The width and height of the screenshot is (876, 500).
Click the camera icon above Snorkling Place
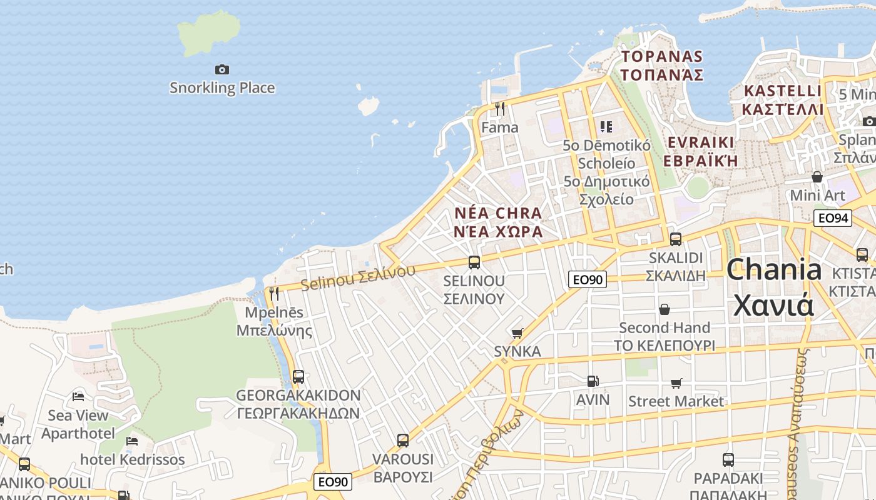pyautogui.click(x=222, y=69)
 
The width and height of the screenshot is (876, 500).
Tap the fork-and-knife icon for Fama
pyautogui.click(x=499, y=109)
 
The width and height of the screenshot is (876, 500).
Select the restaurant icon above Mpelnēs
pyautogui.click(x=274, y=293)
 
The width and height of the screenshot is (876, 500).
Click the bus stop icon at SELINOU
pyautogui.click(x=474, y=262)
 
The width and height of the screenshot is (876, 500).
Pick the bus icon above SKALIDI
pyautogui.click(x=675, y=239)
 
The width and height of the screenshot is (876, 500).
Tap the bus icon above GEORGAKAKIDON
pyautogui.click(x=298, y=377)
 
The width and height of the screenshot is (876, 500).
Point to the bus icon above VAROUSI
pyautogui.click(x=403, y=441)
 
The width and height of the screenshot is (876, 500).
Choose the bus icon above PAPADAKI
pyautogui.click(x=728, y=460)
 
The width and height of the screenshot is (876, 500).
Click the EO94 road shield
pyautogui.click(x=833, y=218)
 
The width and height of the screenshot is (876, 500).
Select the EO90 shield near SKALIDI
pyautogui.click(x=587, y=279)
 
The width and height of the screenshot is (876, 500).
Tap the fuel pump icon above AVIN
pyautogui.click(x=592, y=381)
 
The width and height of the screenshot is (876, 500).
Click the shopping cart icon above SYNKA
pyautogui.click(x=517, y=333)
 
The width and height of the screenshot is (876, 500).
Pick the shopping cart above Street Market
pyautogui.click(x=676, y=382)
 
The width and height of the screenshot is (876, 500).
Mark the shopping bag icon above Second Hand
pyautogui.click(x=665, y=309)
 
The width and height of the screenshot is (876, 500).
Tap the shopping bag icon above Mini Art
pyautogui.click(x=817, y=177)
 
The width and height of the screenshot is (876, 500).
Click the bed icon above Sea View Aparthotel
pyautogui.click(x=78, y=396)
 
